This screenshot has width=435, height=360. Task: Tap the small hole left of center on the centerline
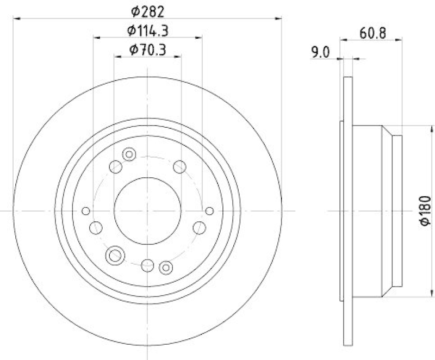(x=85, y=210)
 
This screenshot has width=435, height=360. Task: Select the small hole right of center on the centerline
(x=210, y=210)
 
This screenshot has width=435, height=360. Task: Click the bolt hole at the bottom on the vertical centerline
(x=147, y=265)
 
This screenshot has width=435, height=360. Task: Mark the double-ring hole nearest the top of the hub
(x=129, y=154)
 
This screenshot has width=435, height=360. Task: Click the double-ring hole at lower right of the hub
(x=166, y=266)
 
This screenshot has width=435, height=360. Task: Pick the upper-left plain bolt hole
(x=116, y=167)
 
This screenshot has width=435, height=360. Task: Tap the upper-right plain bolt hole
(x=179, y=167)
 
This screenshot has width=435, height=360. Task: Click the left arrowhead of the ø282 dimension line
(x=15, y=19)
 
